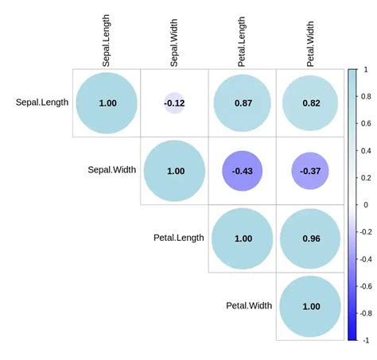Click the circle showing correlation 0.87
[243, 103]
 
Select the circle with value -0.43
[243, 171]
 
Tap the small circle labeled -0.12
[174, 103]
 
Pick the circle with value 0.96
[310, 238]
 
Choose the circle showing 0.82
[310, 103]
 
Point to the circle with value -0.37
[310, 171]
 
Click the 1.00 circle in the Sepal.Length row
[107, 103]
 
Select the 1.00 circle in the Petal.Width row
[310, 306]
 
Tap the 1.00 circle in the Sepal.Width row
[175, 171]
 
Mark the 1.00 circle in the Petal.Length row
[243, 238]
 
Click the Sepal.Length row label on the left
[41, 102]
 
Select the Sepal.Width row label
[111, 170]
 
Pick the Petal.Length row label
[178, 238]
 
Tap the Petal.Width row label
[248, 305]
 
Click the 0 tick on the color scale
[366, 204]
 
